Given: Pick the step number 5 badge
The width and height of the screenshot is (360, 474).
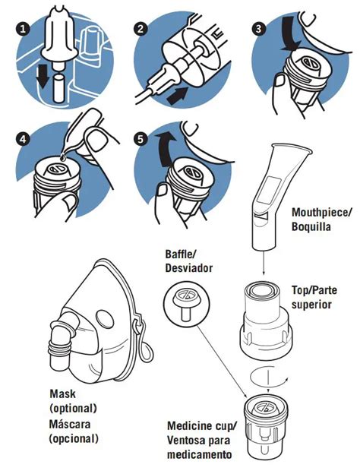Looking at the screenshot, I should tap(140, 139).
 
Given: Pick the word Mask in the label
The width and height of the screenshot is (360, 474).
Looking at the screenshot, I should tap(62, 393).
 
